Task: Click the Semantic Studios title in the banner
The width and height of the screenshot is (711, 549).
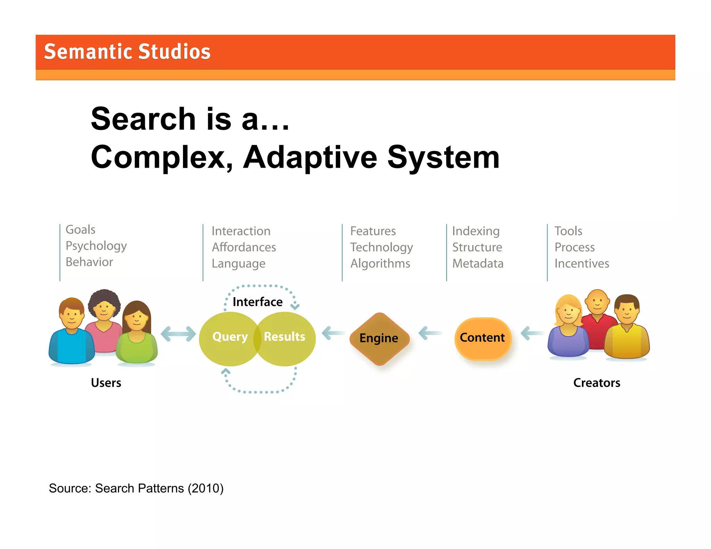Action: pos(127,52)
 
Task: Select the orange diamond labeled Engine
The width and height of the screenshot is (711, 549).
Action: pos(379,338)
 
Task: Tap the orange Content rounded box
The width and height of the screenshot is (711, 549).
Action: pos(483,338)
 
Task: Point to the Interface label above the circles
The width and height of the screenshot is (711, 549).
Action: pos(257,302)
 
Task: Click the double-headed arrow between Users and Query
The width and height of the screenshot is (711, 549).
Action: pos(178,334)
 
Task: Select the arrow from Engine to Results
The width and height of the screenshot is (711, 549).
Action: pos(333,333)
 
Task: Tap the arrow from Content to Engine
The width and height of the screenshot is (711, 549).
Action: pos(430,333)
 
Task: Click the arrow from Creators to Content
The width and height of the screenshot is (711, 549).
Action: pos(532,333)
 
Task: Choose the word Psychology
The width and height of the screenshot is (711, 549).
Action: pos(96,246)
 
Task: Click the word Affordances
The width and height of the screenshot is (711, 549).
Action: pos(244,247)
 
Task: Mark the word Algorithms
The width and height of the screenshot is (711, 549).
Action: pos(380,263)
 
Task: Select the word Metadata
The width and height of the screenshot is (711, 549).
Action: pos(478,263)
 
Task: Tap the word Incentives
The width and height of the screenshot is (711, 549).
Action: pos(582,263)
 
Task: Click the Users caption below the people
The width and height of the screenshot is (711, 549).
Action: pos(106,383)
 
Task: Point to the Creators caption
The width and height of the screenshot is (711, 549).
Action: pos(596,383)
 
